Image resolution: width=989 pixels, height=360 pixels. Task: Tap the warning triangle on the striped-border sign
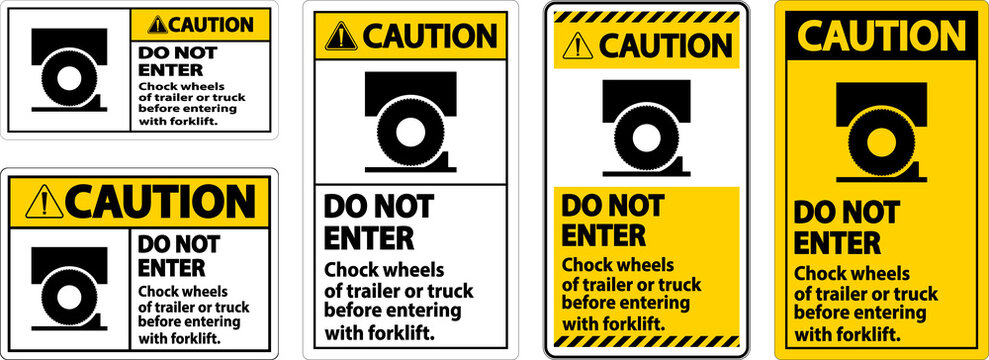point(577,47)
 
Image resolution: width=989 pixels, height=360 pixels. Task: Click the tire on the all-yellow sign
point(880,142)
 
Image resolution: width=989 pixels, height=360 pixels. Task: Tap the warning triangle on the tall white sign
point(341,36)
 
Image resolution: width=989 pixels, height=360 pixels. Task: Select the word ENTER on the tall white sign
point(368,239)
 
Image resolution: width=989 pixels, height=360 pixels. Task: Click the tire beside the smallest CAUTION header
point(66,79)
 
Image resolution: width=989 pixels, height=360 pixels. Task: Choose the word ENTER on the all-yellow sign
point(837,242)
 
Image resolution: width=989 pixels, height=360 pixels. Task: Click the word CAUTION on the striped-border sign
point(669,46)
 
